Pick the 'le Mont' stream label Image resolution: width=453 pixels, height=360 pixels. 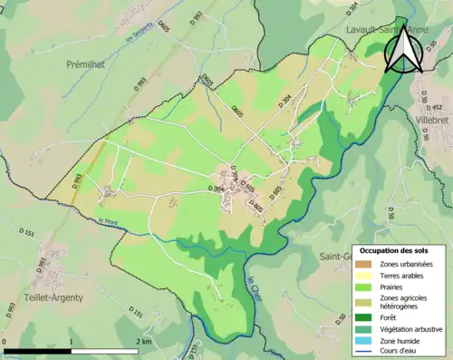tap(108, 221)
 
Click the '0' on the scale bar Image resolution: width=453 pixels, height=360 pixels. tap(6, 341)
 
